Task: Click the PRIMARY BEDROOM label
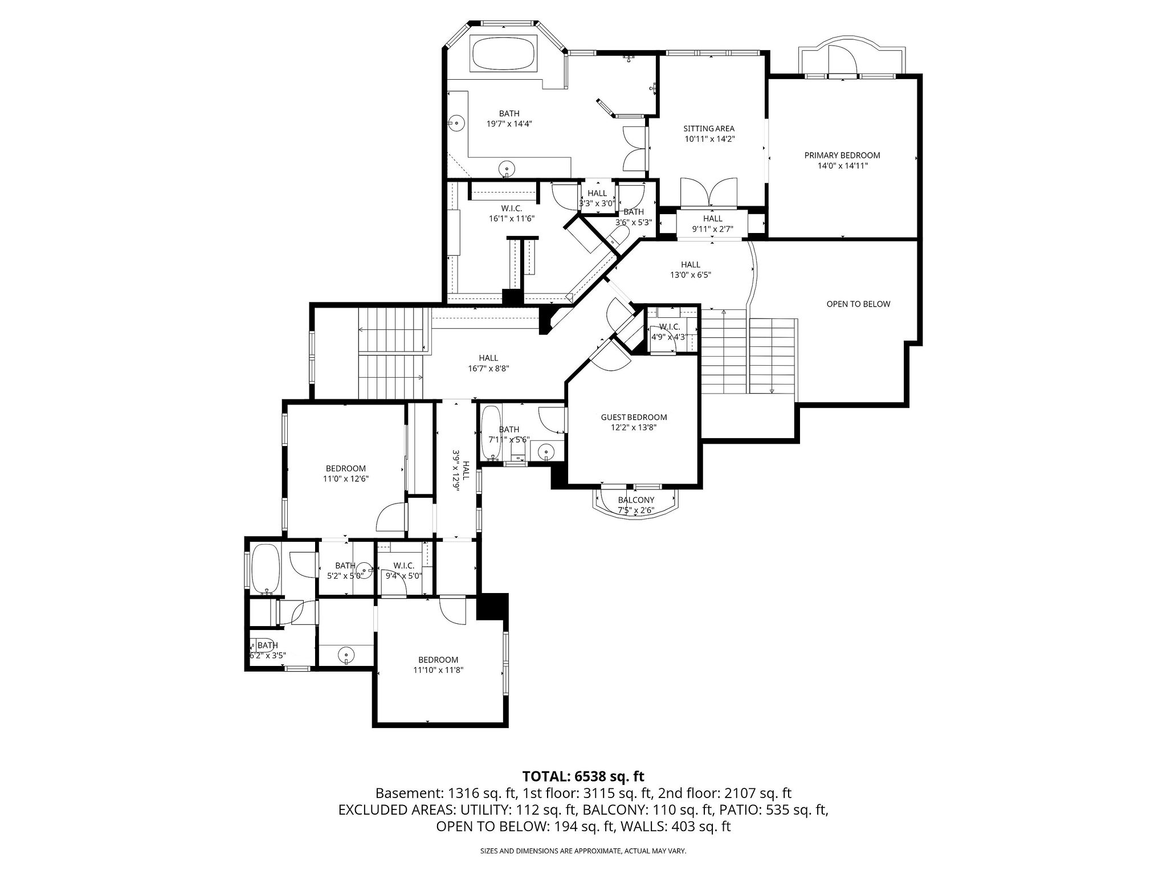click(842, 161)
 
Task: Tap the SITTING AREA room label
click(709, 134)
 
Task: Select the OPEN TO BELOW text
click(858, 304)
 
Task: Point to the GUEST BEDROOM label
click(634, 422)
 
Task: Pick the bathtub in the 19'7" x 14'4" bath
click(503, 54)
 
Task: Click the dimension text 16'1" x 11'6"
click(511, 219)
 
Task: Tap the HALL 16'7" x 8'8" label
click(488, 363)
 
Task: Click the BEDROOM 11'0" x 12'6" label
click(346, 474)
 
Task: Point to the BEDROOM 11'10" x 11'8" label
click(438, 665)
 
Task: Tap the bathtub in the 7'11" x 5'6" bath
click(490, 433)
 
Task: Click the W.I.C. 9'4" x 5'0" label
click(403, 571)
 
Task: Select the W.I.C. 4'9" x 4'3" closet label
click(670, 332)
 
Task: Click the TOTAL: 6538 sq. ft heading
click(583, 776)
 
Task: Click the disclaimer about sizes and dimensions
click(583, 851)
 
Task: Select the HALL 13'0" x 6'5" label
click(691, 269)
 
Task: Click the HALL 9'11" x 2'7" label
click(712, 224)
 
